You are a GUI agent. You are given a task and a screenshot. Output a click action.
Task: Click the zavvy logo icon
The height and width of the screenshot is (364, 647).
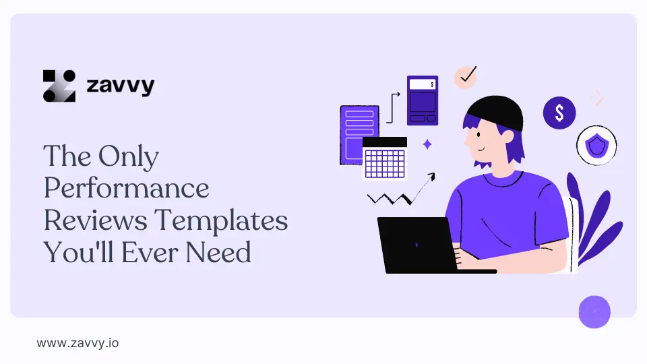click(x=59, y=86)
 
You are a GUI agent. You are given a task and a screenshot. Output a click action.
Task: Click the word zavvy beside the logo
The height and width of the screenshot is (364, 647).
click(x=121, y=86)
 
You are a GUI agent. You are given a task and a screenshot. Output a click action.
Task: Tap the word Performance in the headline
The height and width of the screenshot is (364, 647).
click(x=126, y=189)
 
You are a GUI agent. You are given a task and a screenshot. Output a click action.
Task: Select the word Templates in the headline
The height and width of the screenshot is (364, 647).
click(x=221, y=221)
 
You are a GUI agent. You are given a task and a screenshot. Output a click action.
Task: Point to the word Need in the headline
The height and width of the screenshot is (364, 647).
click(x=218, y=252)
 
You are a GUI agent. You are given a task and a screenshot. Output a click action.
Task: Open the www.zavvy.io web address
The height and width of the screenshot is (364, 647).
click(x=78, y=343)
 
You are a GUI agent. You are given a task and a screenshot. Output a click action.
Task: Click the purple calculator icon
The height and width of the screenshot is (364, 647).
click(x=423, y=100)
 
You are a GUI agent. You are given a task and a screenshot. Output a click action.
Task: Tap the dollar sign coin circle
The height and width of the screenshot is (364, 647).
click(x=559, y=113)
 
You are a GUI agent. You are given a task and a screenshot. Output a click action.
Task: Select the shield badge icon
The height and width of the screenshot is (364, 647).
click(x=596, y=146)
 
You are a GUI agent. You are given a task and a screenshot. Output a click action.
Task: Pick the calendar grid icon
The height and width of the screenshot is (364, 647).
click(x=385, y=158)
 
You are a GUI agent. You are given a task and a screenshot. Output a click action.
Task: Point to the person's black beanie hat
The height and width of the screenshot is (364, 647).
click(x=496, y=113)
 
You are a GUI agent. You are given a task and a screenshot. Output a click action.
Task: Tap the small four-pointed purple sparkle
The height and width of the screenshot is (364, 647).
click(x=427, y=144)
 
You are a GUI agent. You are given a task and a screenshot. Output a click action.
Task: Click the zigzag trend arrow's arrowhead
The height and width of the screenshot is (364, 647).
click(x=431, y=177)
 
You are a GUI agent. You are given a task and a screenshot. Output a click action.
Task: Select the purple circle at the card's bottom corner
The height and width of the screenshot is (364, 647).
click(x=594, y=312)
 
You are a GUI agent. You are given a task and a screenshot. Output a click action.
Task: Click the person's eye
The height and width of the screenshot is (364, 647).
click(x=479, y=135)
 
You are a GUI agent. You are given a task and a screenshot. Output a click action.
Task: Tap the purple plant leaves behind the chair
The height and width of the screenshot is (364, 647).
click(x=594, y=216)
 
